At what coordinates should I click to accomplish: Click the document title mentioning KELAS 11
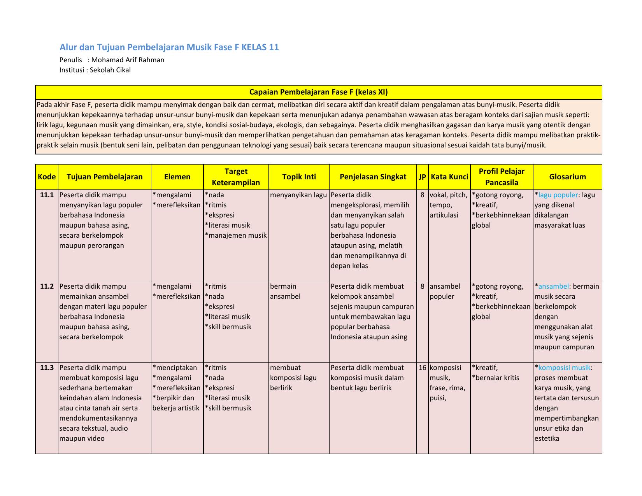coord(169,47)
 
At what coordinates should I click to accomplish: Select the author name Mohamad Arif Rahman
coord(128,60)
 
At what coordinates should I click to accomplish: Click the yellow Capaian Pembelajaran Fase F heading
coord(318,92)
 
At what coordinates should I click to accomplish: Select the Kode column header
coord(47,177)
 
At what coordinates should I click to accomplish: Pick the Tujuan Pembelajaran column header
coord(105,177)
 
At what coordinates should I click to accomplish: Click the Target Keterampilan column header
coord(236,177)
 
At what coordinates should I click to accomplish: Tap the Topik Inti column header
coord(299,177)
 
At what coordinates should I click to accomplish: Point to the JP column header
coord(422,177)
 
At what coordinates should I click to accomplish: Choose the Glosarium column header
coord(567,177)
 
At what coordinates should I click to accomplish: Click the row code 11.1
coord(47,195)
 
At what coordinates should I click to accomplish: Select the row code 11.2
coord(47,286)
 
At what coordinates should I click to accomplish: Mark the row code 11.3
coord(47,368)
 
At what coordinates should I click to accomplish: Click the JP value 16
coord(423,368)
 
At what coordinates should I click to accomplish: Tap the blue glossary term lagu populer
coord(558,195)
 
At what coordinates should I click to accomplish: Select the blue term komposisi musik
coord(564,368)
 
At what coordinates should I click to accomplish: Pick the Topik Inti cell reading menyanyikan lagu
coord(298,195)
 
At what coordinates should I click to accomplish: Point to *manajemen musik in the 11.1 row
coord(236,235)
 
